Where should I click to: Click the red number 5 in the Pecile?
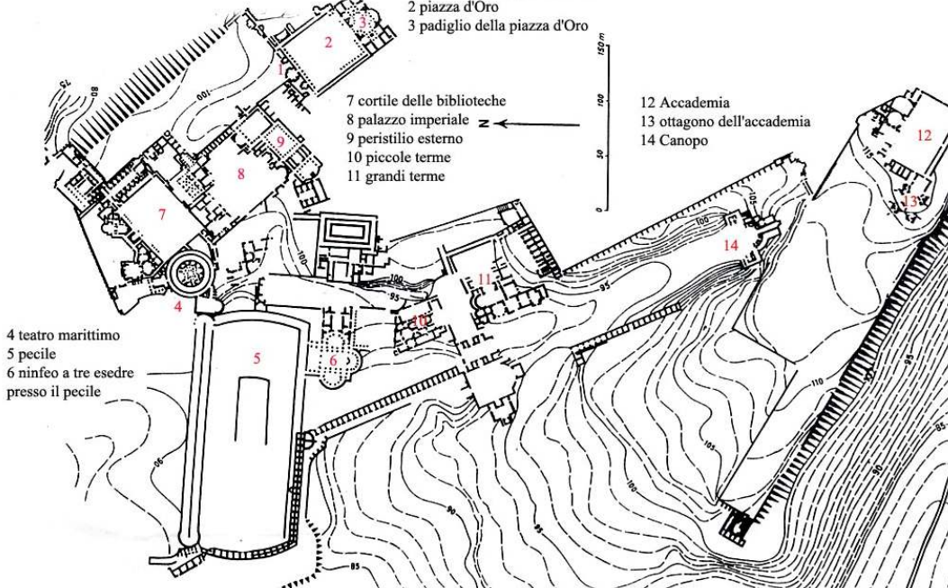[x=257, y=357]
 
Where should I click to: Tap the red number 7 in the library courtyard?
[x=162, y=214]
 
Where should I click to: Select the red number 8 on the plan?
[x=241, y=174]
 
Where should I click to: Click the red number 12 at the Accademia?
[x=924, y=135]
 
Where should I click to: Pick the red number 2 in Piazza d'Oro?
[x=329, y=41]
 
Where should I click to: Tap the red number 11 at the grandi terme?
[x=485, y=279]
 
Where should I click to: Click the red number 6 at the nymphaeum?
[x=332, y=359]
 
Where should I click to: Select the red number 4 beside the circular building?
[x=178, y=306]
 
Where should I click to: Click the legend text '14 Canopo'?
[x=672, y=141]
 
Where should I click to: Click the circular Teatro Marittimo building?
[x=191, y=269]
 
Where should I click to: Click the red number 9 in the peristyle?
[x=281, y=141]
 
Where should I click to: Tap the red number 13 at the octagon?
[x=910, y=202]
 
